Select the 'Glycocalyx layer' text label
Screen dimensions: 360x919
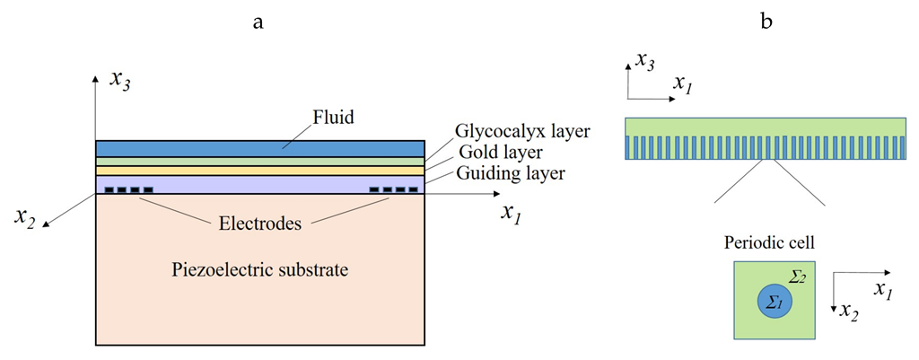tap(522, 131)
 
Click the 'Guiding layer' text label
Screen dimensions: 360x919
tap(510, 173)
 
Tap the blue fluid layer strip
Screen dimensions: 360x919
tap(259, 149)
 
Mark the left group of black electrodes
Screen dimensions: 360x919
tap(128, 190)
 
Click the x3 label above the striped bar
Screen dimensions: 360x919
tap(644, 61)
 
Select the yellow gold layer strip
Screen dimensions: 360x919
tap(259, 171)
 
